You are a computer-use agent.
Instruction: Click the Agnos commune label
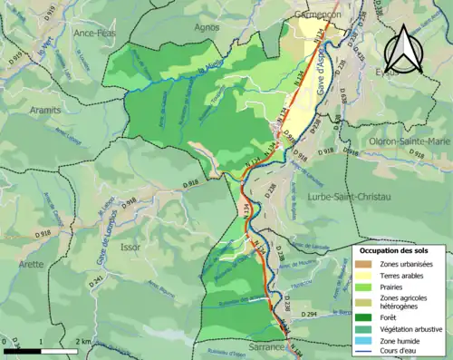(207, 27)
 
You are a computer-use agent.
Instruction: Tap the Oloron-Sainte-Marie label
(407, 141)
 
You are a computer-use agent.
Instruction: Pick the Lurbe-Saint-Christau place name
(347, 196)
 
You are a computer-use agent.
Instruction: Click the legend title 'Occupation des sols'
(400, 250)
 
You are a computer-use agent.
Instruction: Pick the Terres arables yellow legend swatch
(366, 275)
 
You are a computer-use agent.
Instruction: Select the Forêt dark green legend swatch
(366, 317)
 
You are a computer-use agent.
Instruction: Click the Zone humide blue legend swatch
(366, 344)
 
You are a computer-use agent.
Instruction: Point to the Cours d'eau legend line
(366, 355)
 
